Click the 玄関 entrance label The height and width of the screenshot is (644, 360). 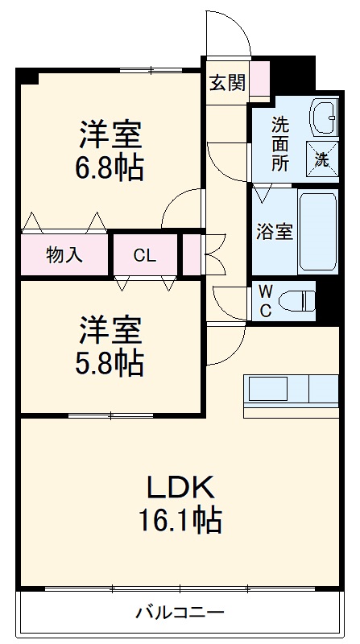coord(227,83)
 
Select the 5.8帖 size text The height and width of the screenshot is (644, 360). coord(111,363)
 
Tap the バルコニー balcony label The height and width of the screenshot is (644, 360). coord(179,613)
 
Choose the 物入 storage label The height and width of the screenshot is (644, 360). coord(64,256)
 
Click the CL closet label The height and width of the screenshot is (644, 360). coord(145,256)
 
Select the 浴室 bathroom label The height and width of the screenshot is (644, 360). coord(274,231)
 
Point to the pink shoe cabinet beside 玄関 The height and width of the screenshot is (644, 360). coord(259,79)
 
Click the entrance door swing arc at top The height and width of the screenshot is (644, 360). coord(227,32)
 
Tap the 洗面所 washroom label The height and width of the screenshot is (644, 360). coord(279,142)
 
